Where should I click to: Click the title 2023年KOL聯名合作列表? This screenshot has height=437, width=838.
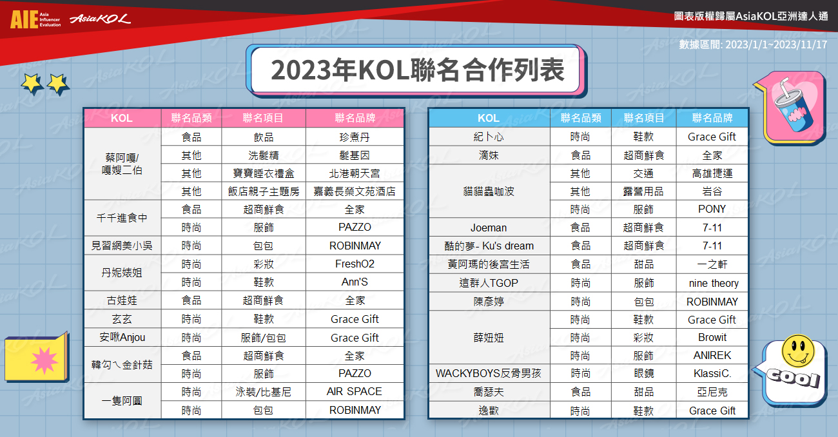(x=417, y=70)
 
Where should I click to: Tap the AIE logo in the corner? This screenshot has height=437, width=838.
(x=35, y=19)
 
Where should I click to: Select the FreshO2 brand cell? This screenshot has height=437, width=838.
(x=355, y=264)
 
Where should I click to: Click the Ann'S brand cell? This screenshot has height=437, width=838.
(x=355, y=282)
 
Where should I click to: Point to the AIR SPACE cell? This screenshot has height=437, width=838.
(x=355, y=391)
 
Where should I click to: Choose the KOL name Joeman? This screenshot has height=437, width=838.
(x=489, y=228)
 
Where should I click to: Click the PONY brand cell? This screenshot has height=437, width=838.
(x=712, y=209)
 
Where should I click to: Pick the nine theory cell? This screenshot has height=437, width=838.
(x=714, y=283)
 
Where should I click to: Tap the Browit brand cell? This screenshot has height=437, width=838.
(x=712, y=338)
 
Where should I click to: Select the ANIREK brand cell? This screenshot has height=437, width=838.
(x=712, y=355)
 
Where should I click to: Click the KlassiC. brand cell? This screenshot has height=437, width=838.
(x=712, y=373)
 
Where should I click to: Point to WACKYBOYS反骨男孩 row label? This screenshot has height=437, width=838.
(x=489, y=373)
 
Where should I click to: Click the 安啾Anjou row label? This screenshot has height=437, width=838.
(x=122, y=338)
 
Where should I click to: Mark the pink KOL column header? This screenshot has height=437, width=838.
(x=122, y=118)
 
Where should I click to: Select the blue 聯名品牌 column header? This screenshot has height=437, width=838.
(x=712, y=118)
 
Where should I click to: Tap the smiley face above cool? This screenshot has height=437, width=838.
(x=798, y=351)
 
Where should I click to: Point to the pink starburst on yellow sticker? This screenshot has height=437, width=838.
(x=44, y=360)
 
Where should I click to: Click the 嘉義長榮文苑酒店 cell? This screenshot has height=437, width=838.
(x=355, y=191)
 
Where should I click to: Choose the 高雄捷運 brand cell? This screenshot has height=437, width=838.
(x=712, y=173)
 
